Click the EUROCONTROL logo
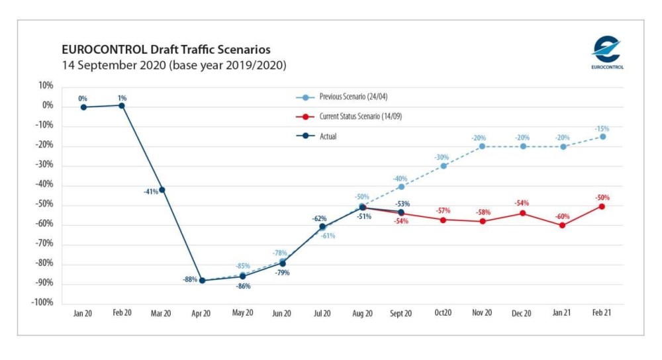[x=606, y=52]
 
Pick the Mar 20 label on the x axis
[x=161, y=314]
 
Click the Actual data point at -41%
[x=162, y=190]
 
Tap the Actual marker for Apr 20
[x=202, y=281]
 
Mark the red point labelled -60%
[x=562, y=225]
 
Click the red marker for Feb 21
[x=602, y=206]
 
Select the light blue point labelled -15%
[x=602, y=136]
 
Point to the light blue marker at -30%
[x=443, y=165]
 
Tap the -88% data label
[x=189, y=279]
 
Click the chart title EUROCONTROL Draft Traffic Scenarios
[x=165, y=50]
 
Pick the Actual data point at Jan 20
[x=83, y=107]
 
